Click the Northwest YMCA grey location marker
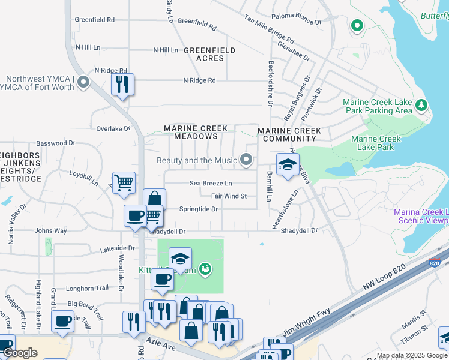pyautogui.click(x=83, y=82)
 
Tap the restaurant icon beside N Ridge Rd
pyautogui.click(x=122, y=85)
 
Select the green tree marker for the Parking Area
pyautogui.click(x=421, y=106)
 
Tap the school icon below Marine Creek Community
pyautogui.click(x=288, y=165)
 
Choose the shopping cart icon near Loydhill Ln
pyautogui.click(x=124, y=182)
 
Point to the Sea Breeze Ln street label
pyautogui.click(x=211, y=183)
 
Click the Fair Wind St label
pyautogui.click(x=229, y=196)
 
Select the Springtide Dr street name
pyautogui.click(x=198, y=209)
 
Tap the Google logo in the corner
pyautogui.click(x=20, y=353)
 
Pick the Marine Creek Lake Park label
pyautogui.click(x=375, y=143)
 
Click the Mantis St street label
pyautogui.click(x=414, y=313)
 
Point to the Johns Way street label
pyautogui.click(x=50, y=230)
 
